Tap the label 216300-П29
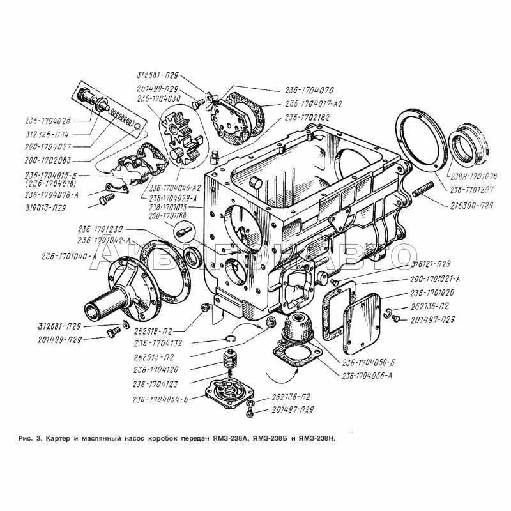471,206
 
